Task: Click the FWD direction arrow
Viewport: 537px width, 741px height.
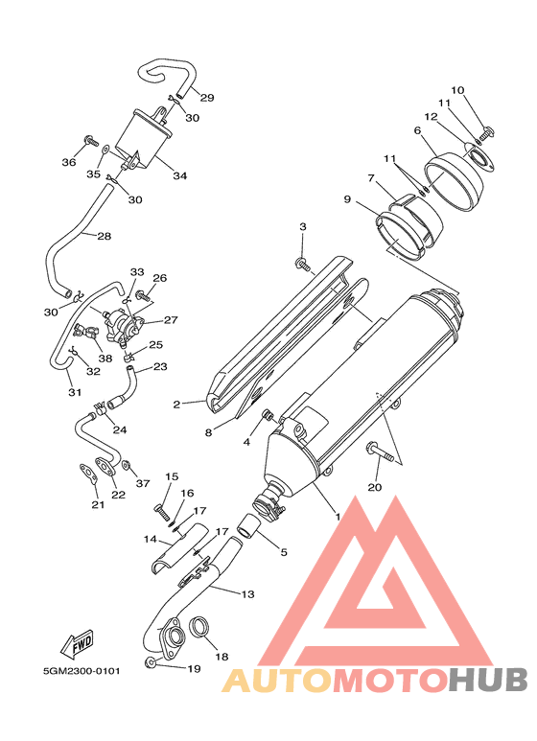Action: [x=77, y=642]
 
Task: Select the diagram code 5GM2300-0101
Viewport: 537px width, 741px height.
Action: [x=82, y=671]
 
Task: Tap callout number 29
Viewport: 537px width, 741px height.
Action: [x=207, y=98]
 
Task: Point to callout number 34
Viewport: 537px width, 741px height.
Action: [x=179, y=175]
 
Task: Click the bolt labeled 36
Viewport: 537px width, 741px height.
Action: [x=90, y=140]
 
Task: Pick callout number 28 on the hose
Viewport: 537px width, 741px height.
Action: [x=104, y=236]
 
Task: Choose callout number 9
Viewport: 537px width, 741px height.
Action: [x=347, y=199]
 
